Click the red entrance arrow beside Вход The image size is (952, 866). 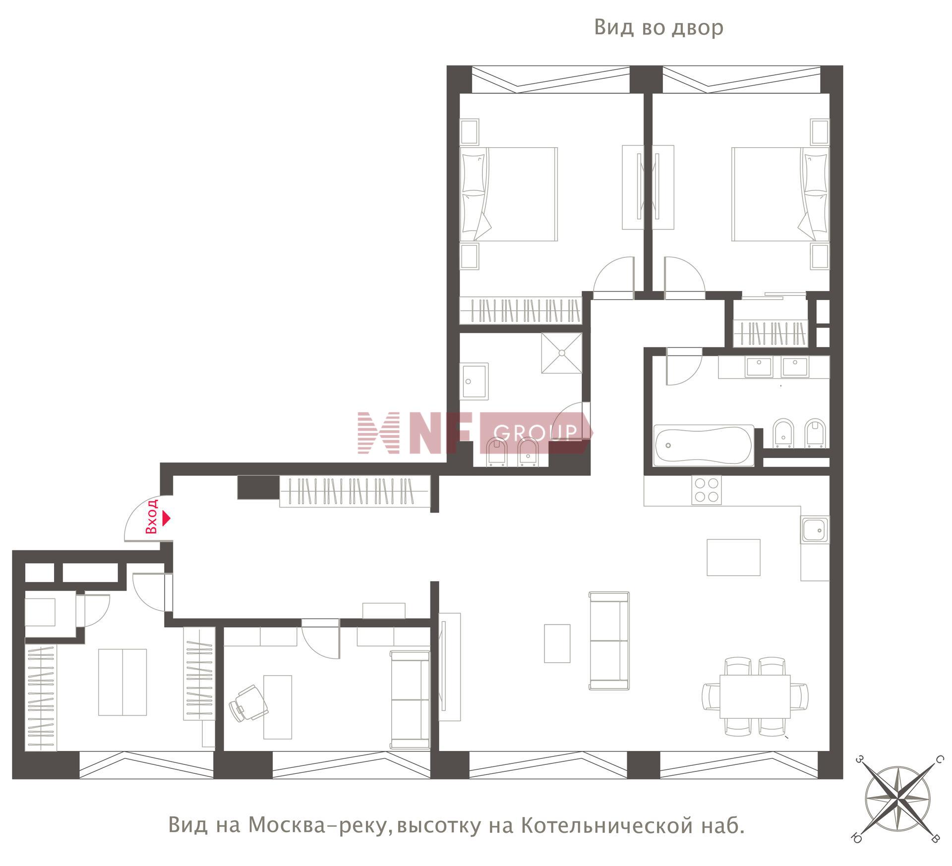[x=167, y=519]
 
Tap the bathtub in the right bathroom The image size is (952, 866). [x=704, y=445]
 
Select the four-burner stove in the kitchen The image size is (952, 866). [x=706, y=490]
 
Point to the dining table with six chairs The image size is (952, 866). [x=755, y=696]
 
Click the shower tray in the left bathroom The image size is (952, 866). [x=562, y=353]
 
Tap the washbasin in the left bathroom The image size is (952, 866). [x=475, y=381]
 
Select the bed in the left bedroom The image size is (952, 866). [x=509, y=194]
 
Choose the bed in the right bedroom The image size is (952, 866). [x=780, y=194]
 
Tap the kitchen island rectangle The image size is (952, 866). [x=733, y=557]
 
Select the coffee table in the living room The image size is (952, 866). [x=557, y=643]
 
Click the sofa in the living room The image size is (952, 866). [x=609, y=641]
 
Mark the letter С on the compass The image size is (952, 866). [x=938, y=759]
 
